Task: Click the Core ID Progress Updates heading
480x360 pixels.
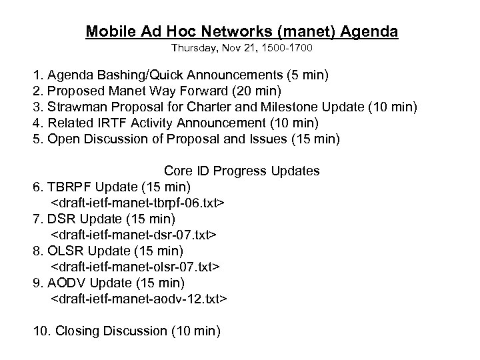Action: point(241,171)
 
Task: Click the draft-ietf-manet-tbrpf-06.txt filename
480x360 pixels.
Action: point(137,203)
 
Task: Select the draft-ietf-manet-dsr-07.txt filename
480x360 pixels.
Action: point(134,235)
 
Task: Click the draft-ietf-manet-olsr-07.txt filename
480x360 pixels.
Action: point(136,267)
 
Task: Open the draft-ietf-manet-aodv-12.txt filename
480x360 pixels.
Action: point(139,299)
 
